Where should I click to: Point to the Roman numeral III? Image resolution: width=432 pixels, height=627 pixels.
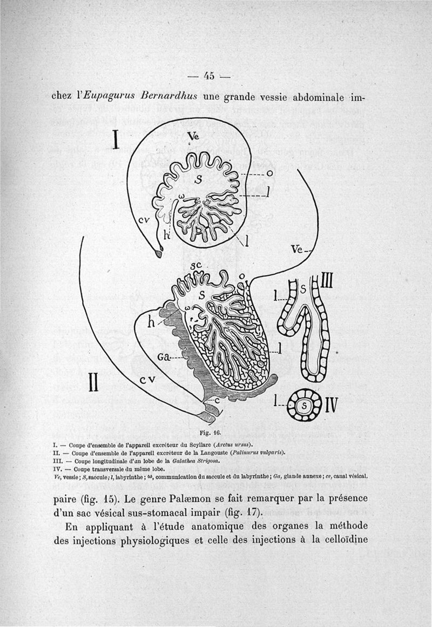coord(328,281)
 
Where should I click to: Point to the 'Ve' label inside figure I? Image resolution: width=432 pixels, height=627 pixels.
coord(193,137)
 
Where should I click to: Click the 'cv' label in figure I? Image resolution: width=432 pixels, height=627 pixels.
coord(143,219)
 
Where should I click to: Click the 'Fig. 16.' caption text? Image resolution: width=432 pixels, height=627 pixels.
coord(207,433)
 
